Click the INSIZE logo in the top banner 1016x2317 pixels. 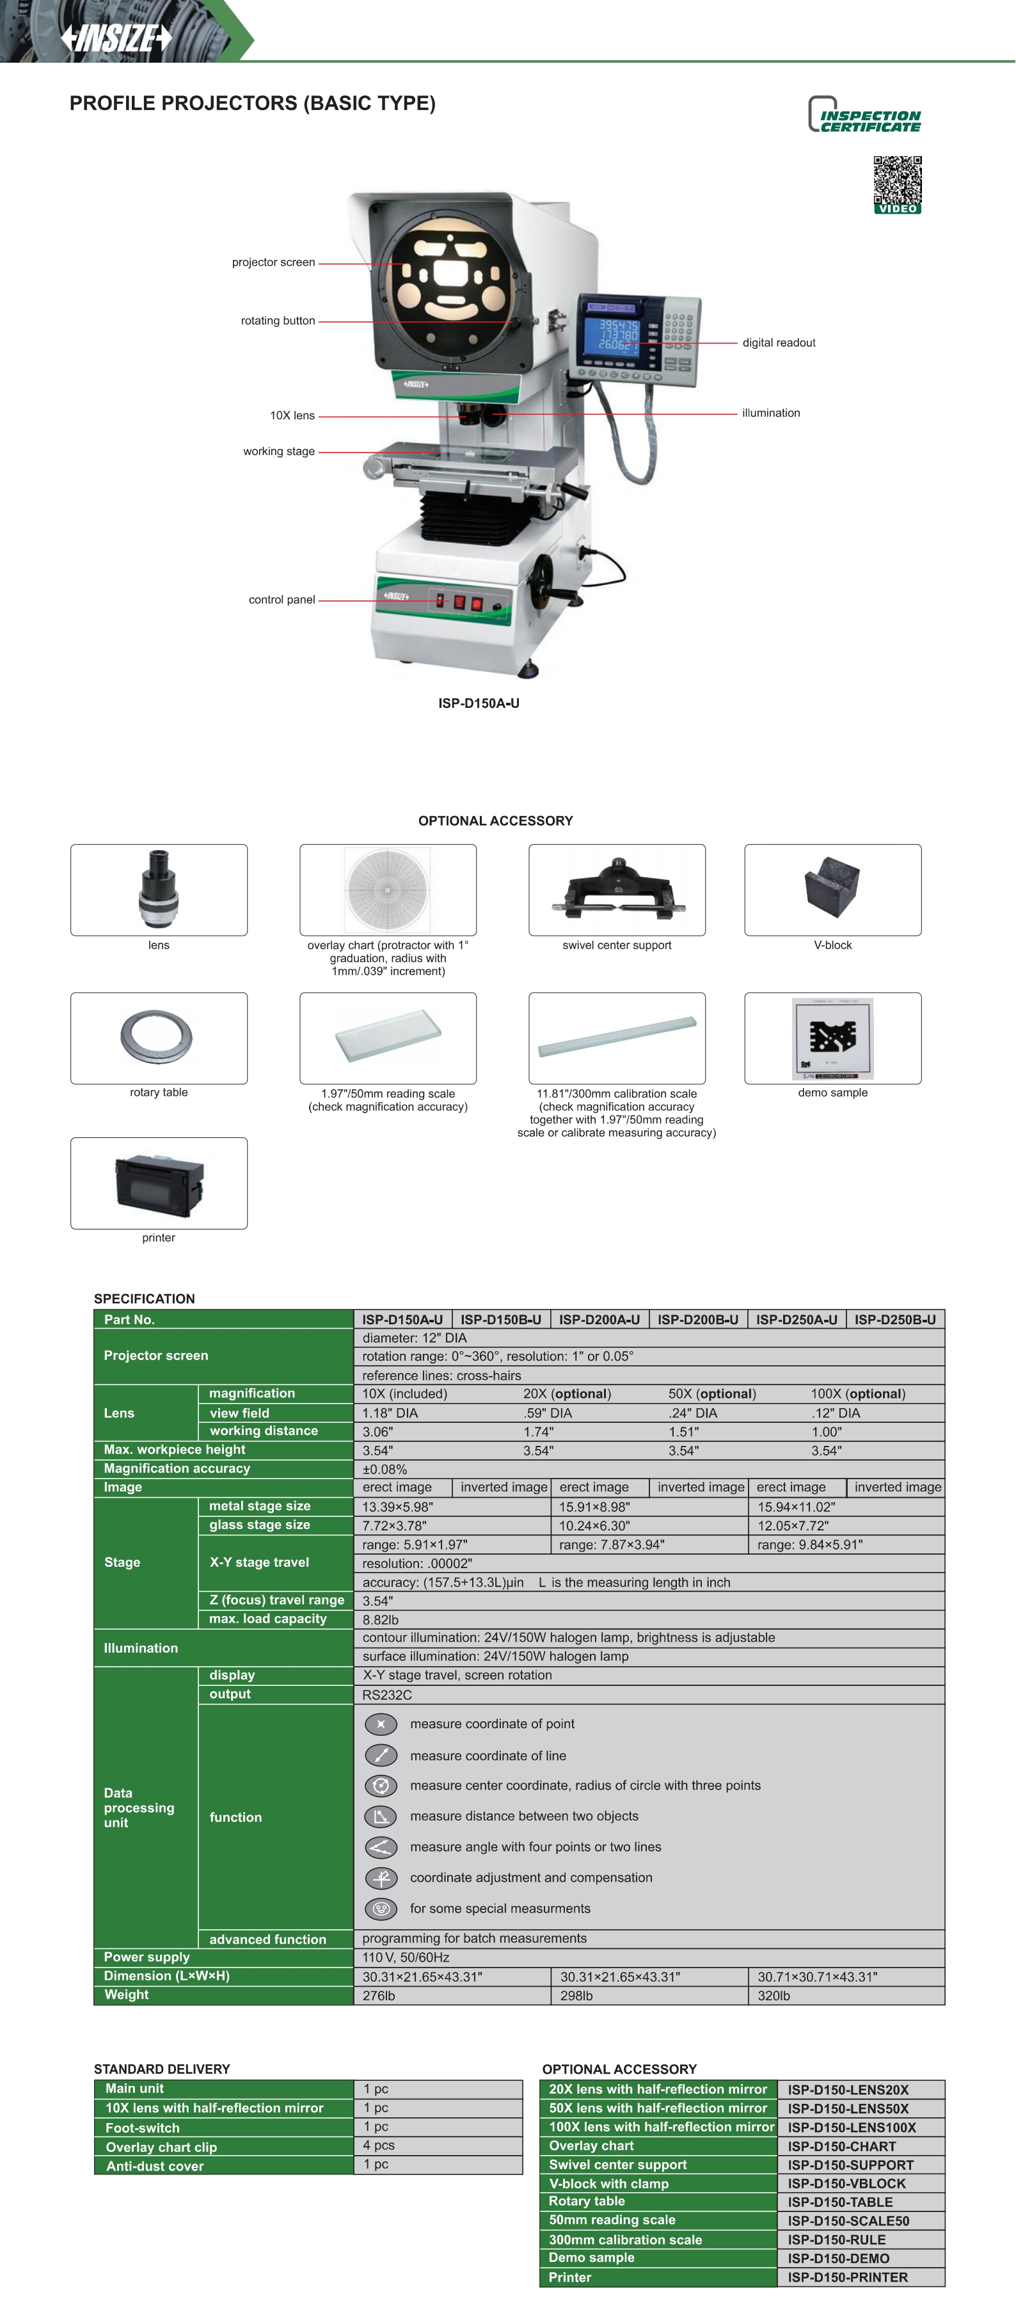(x=116, y=38)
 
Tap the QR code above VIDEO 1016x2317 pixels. (x=896, y=179)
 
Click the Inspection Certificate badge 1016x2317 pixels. (x=864, y=116)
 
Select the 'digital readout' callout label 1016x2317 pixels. (x=779, y=342)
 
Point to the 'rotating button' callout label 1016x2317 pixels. (x=278, y=321)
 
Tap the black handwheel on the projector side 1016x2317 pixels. (x=544, y=575)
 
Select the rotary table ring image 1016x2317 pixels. (x=157, y=1037)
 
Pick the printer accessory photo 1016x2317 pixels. (x=159, y=1182)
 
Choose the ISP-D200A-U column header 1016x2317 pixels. (x=599, y=1320)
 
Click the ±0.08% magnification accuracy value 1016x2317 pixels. (x=385, y=1469)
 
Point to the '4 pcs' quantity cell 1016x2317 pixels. (x=379, y=2145)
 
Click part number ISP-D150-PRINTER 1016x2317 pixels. (x=847, y=2277)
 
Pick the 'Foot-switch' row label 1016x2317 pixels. (x=142, y=2127)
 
